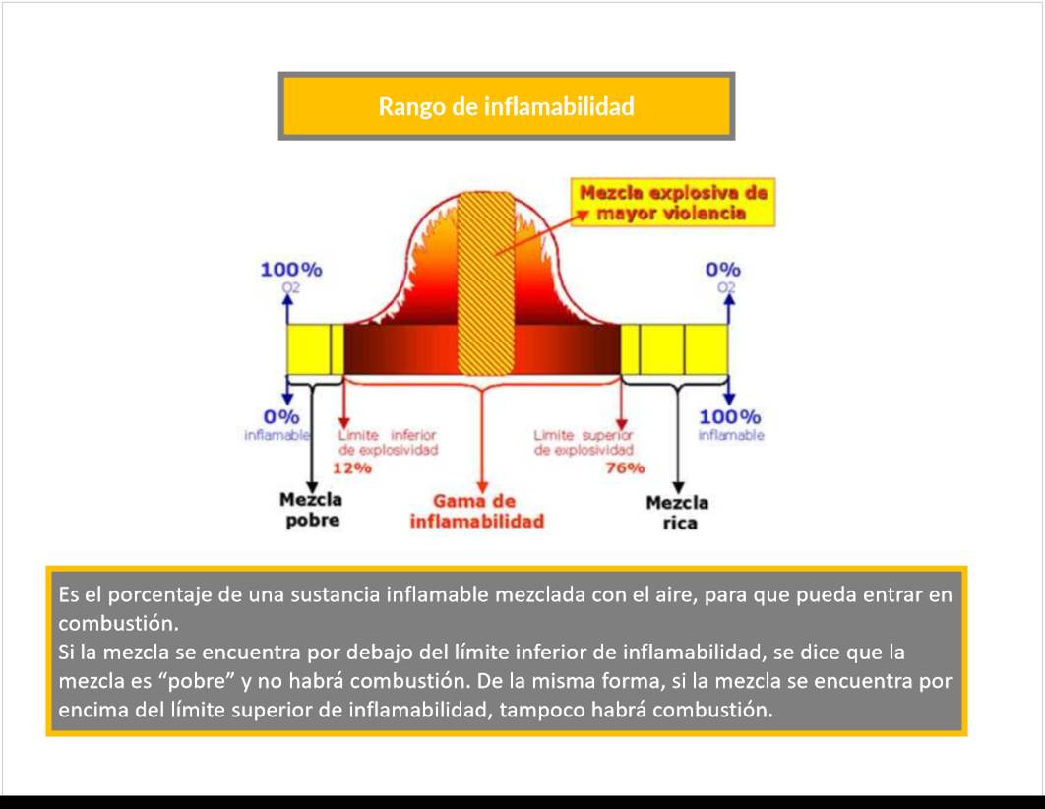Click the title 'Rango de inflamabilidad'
coord(507,106)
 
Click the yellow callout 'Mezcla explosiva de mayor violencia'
coord(672,203)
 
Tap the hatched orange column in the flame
coord(486,283)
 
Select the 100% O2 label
coord(291,277)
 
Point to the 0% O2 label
coord(723,277)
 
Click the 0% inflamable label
coord(277,425)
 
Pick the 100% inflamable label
coord(730,425)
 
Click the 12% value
coord(352,467)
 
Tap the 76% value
coord(625,467)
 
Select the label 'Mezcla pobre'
coord(311,510)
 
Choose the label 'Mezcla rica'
coord(677,513)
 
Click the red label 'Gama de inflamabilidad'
coord(476,511)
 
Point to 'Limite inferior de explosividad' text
coord(388,443)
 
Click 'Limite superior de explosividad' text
coord(584,443)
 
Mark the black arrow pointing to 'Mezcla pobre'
coord(311,440)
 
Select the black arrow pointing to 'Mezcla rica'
coord(678,440)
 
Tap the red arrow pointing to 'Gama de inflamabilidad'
coord(482,440)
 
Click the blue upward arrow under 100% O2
coord(287,309)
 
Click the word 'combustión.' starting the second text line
coord(119,624)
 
